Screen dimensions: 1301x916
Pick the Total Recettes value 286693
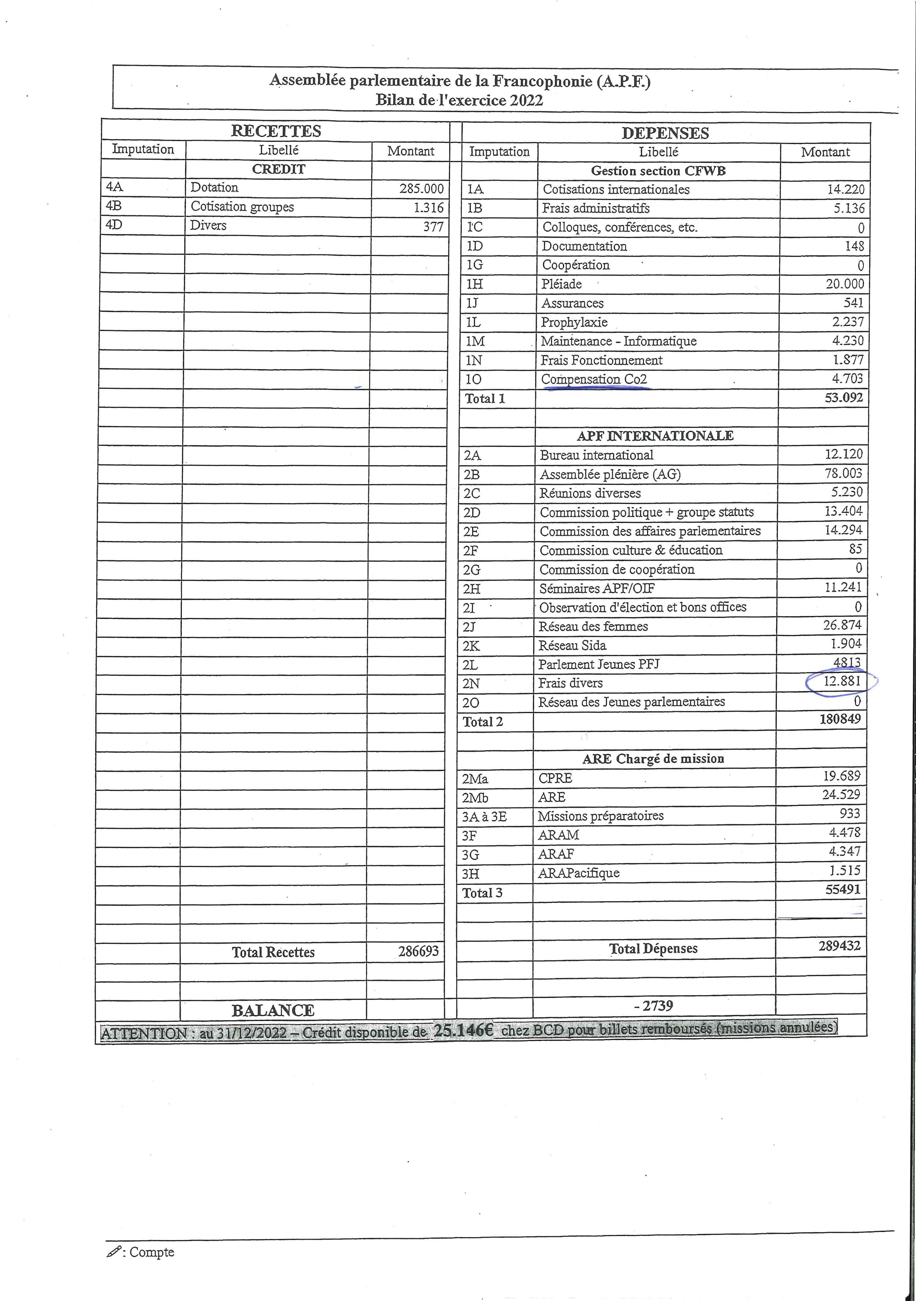[x=418, y=951]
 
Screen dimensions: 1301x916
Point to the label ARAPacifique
[x=578, y=873]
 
